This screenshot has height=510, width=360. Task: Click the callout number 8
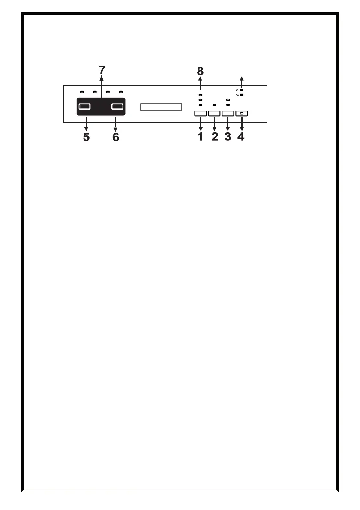[200, 71]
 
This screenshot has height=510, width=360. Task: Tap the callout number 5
[87, 137]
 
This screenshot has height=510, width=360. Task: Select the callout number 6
[115, 137]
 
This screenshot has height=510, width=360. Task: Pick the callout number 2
[214, 137]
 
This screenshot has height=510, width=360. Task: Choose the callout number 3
[228, 137]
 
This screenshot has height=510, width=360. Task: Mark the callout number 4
[241, 137]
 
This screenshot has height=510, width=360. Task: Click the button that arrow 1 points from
[200, 114]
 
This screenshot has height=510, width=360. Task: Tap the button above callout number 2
[214, 114]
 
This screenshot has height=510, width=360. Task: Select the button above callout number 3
[228, 114]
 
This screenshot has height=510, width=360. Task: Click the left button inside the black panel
[85, 107]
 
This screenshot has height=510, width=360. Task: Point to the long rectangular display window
[161, 107]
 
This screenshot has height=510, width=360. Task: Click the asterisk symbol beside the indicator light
[237, 90]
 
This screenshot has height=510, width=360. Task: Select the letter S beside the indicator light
[237, 95]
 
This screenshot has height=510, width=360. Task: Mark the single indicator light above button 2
[214, 105]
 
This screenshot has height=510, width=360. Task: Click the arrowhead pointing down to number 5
[87, 129]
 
